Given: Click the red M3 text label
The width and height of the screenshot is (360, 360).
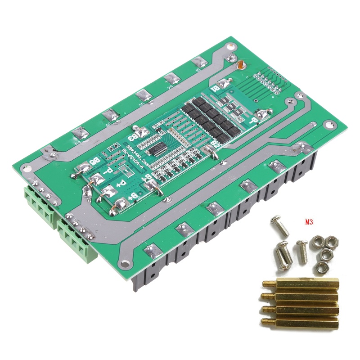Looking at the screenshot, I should click(309, 222).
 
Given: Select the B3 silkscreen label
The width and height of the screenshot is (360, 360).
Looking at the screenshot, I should click(134, 135).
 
